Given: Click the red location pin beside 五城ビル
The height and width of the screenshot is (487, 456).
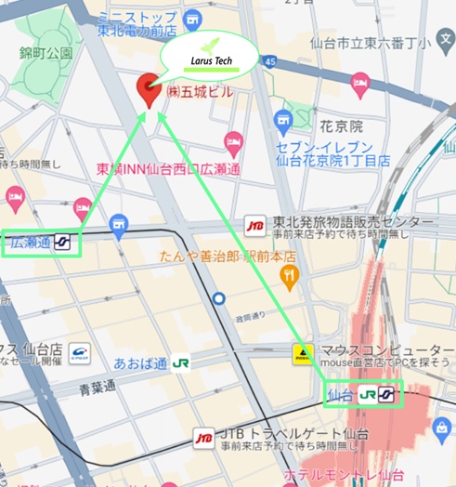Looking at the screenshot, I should click(148, 90).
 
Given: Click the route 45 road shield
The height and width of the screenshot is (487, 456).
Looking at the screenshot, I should click(269, 60).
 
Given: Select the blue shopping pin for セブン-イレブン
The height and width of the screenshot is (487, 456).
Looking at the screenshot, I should click(284, 121).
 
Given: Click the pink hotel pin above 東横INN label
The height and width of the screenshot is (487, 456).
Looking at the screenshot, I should click(233, 143).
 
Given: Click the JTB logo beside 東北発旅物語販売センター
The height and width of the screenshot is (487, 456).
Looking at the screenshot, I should click(254, 224).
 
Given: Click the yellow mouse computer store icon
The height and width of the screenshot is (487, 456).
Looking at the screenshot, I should click(302, 353).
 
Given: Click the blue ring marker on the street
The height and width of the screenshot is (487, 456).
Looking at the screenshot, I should click(219, 298).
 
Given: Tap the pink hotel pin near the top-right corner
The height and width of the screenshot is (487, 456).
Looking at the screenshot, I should click(360, 86).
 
